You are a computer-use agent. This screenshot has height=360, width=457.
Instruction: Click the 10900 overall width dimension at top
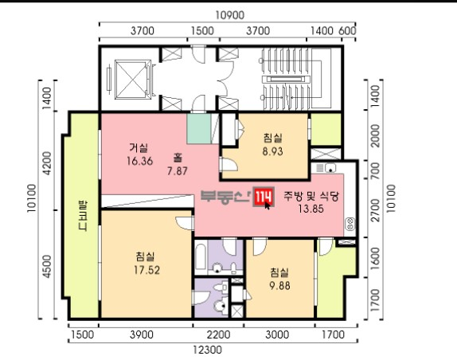[x=229, y=15]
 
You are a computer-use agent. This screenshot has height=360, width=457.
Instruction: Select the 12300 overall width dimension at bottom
[x=208, y=350]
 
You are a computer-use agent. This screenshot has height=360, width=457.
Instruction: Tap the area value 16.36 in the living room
[x=139, y=161]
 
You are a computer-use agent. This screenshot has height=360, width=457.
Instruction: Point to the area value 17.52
[x=146, y=270]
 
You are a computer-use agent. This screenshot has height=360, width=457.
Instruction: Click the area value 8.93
[x=272, y=151]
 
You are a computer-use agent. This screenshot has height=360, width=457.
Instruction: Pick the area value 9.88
[x=279, y=286]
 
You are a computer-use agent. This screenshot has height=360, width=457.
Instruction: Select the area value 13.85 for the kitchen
[x=311, y=209]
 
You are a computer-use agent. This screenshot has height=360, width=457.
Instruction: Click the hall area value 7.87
[x=178, y=171]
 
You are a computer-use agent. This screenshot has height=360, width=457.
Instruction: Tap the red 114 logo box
[x=264, y=197]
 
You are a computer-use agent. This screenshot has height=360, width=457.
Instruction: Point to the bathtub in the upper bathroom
[x=201, y=256]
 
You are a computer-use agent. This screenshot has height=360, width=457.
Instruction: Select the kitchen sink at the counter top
[x=330, y=168]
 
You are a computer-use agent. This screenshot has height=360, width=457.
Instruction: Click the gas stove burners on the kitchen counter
[x=350, y=224]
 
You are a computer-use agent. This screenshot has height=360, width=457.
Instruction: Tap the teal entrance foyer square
[x=199, y=128]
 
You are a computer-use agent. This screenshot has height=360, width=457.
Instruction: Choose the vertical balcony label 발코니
[x=83, y=215]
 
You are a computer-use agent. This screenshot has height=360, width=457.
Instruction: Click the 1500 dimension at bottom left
[x=83, y=335]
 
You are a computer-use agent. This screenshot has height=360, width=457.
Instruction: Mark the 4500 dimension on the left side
[x=47, y=267]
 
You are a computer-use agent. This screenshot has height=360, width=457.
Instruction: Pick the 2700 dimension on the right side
[x=376, y=210]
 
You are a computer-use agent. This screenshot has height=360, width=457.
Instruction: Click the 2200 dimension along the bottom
[x=219, y=335]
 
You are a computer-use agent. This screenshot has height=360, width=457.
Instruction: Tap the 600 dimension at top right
[x=347, y=30]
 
